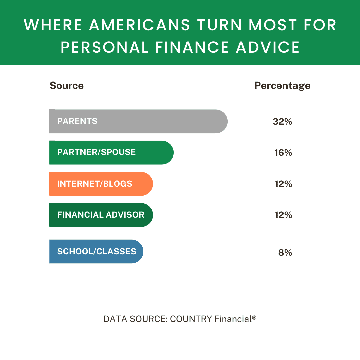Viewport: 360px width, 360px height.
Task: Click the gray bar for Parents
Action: click(138, 121)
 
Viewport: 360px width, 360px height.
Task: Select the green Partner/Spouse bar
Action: click(111, 153)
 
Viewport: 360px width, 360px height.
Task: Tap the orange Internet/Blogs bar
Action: click(101, 184)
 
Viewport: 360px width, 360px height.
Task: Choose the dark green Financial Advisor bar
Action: click(101, 215)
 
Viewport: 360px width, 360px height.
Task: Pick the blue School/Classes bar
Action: click(96, 252)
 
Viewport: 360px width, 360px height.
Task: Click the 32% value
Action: click(282, 122)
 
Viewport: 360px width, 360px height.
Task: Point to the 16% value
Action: click(283, 153)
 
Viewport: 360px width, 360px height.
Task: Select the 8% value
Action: click(285, 253)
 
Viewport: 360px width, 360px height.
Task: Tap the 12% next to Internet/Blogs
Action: click(283, 184)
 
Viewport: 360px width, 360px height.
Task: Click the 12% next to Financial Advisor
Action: click(283, 215)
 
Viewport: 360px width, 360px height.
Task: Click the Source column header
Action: click(67, 86)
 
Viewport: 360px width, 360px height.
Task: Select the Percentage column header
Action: click(282, 86)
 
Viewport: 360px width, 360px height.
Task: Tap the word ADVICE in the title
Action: click(268, 47)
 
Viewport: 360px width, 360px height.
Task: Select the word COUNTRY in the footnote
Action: click(191, 319)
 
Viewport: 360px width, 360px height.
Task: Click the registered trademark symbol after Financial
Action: click(254, 318)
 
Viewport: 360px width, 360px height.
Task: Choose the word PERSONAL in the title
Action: click(104, 47)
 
